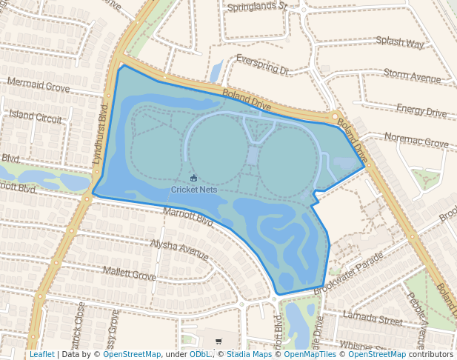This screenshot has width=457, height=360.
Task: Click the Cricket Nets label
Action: tap(194, 190)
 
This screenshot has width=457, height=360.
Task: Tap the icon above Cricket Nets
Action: tap(194, 178)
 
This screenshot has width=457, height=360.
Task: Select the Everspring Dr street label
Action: tap(261, 64)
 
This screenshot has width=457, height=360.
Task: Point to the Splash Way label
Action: tap(400, 42)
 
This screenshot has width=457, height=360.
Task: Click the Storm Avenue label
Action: tap(412, 75)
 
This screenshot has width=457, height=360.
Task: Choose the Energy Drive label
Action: tap(421, 111)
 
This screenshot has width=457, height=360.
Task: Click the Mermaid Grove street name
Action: tap(38, 84)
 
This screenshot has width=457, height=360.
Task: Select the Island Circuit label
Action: tap(36, 116)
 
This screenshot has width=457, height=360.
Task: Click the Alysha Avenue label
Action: tap(179, 249)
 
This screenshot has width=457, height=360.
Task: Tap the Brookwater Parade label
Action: tap(348, 273)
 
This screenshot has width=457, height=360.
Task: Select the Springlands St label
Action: tap(256, 7)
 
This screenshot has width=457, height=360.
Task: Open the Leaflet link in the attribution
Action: tap(41, 354)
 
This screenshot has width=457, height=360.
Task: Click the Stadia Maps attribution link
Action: tap(249, 354)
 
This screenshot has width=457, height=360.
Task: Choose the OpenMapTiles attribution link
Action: tap(310, 354)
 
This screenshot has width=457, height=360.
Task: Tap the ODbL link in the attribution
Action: tap(200, 354)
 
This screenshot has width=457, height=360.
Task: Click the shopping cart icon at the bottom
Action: tap(219, 341)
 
